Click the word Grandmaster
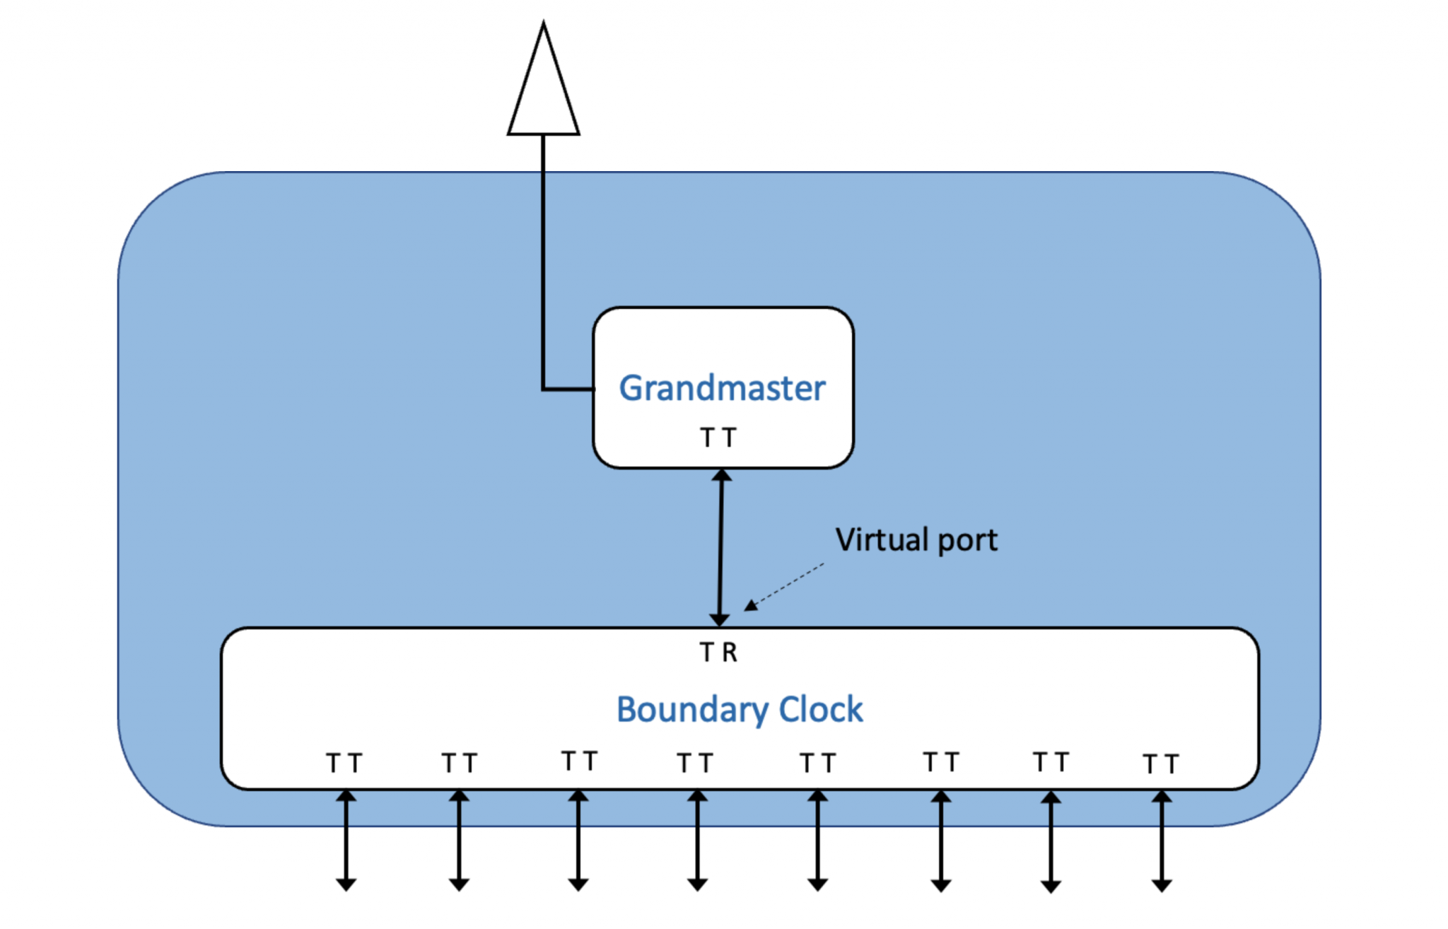(722, 388)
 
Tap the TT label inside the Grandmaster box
(718, 438)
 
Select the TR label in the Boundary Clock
(718, 652)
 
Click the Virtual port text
(916, 540)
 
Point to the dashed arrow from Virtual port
(785, 586)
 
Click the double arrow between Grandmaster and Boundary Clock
(720, 548)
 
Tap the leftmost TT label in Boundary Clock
(344, 764)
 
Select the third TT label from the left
(579, 761)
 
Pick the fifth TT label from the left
(817, 764)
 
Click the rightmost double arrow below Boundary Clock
(1162, 841)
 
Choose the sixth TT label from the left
(940, 762)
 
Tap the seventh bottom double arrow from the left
(1051, 841)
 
